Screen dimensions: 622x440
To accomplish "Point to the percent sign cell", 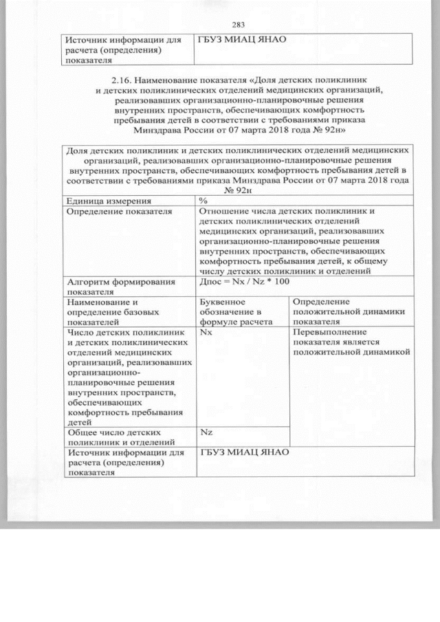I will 203,200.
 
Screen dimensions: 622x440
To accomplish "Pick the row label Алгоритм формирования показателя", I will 118,287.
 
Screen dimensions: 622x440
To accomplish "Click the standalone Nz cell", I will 206,432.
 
